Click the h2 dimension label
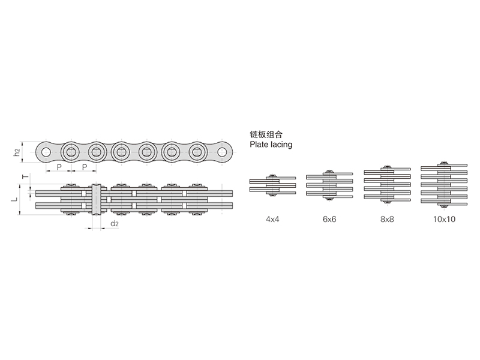(x=17, y=152)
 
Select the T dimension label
(x=26, y=176)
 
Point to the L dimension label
(x=14, y=199)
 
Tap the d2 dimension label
(x=115, y=224)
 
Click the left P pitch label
(x=59, y=167)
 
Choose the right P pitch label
(x=85, y=167)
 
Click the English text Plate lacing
(x=271, y=145)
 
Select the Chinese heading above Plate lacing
(x=266, y=134)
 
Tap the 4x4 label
(x=272, y=219)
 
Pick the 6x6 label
(x=329, y=219)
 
